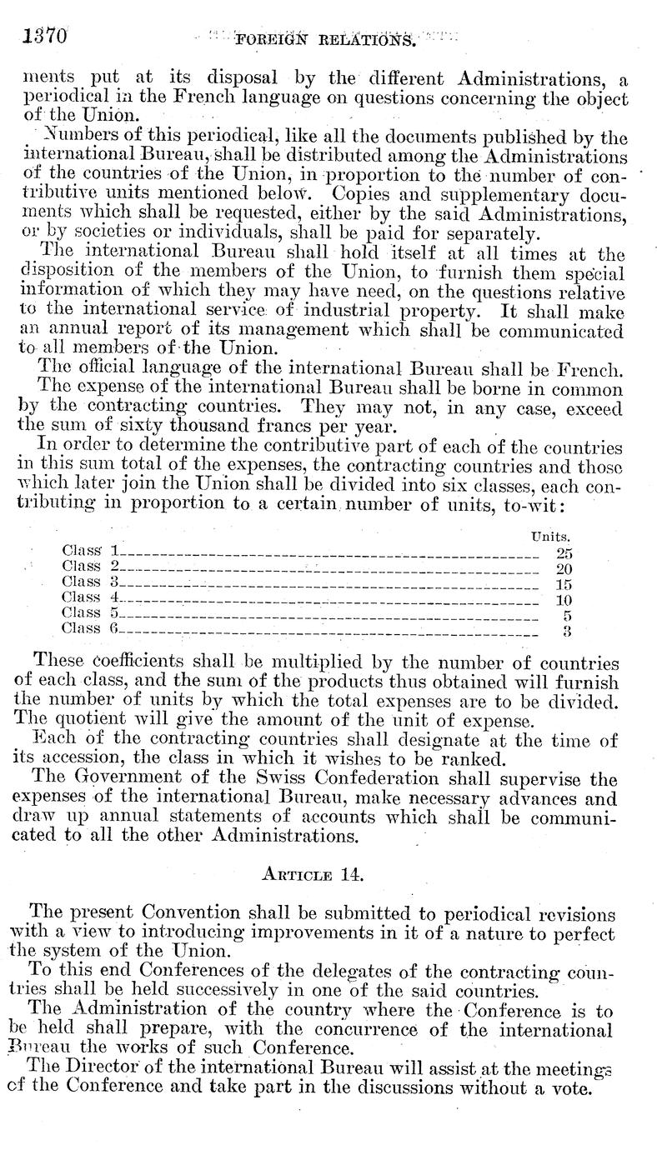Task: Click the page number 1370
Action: pyautogui.click(x=39, y=36)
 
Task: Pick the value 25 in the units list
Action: pyautogui.click(x=564, y=552)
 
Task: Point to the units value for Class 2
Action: pyautogui.click(x=564, y=568)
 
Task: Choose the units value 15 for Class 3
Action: pyautogui.click(x=564, y=583)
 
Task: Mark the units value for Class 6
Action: pyautogui.click(x=566, y=630)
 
